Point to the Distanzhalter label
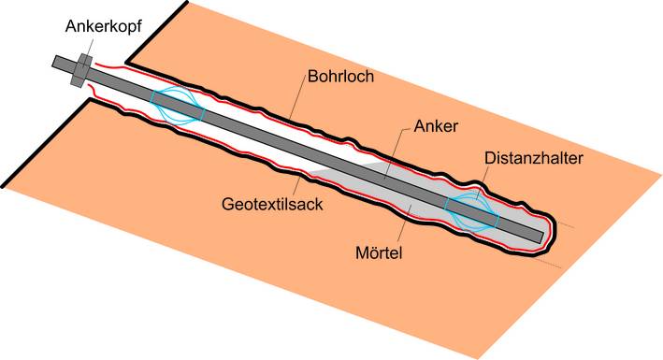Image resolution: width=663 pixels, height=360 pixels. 533,159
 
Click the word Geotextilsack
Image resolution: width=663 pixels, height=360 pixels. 272,203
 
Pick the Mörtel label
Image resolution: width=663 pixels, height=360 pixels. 384,252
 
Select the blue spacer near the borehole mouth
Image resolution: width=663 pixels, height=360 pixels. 178,106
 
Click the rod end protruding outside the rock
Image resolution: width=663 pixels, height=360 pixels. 62,63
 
